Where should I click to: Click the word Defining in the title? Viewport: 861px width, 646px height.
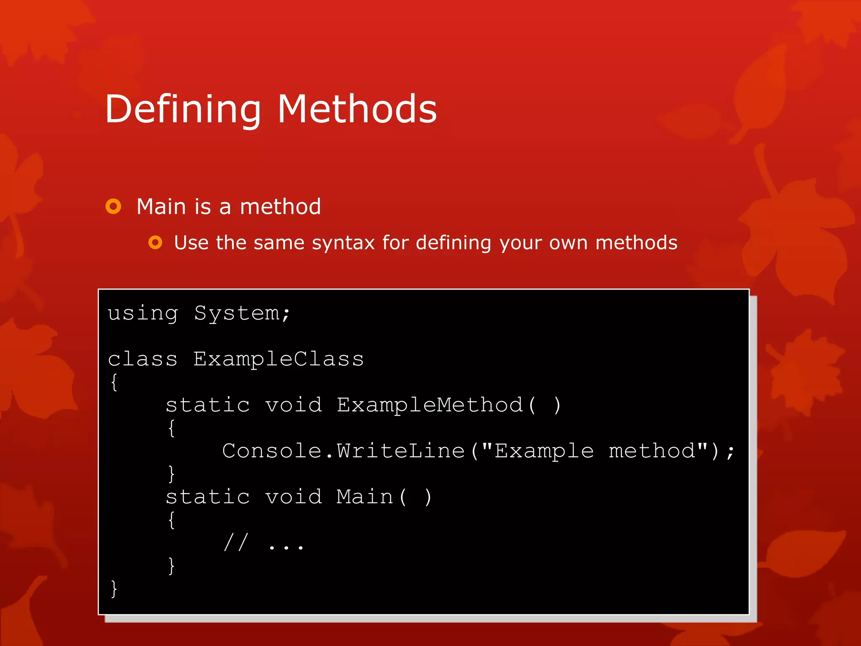point(183,109)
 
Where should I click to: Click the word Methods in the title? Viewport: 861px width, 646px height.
point(357,109)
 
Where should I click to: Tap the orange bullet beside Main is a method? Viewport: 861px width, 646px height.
point(113,207)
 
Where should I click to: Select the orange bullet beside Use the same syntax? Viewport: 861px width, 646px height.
point(155,242)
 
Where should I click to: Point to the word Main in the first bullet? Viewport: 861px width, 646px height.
point(161,207)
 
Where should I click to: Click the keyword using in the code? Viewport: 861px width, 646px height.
point(143,314)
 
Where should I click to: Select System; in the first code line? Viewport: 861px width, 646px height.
point(242,314)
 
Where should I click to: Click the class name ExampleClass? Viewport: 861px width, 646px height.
point(278,359)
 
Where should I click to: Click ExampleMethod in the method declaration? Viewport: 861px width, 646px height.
point(430,405)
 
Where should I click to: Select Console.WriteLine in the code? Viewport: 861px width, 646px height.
point(343,451)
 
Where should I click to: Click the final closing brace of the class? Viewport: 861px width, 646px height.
point(114,588)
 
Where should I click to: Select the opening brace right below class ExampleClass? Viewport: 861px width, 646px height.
point(114,382)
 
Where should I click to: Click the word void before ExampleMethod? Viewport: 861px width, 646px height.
point(293,405)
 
